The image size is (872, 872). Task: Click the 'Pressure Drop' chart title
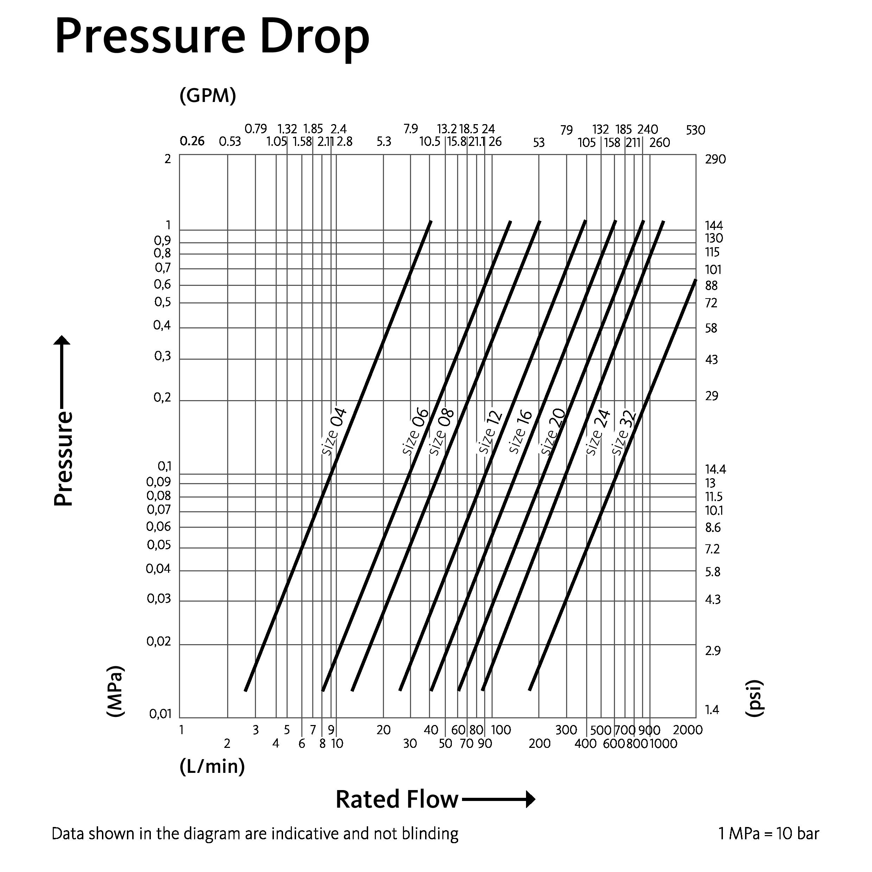coord(212,37)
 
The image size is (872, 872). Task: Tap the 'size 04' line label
coord(334,431)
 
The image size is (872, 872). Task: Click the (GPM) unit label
coord(207,96)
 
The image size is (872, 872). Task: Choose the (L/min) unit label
coord(212,767)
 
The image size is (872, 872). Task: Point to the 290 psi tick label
coord(716,159)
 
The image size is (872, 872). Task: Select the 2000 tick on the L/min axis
coord(688,730)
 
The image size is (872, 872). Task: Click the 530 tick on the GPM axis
coord(695,130)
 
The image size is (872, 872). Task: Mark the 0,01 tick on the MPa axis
coord(160,714)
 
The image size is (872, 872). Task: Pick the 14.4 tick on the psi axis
coord(716,469)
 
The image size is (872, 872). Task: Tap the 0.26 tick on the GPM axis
coord(192,141)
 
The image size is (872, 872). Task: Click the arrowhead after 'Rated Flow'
coord(531,799)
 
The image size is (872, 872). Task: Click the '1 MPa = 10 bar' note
coord(769,834)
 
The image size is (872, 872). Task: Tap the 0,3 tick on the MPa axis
coord(162,356)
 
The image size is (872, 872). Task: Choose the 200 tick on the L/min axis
coord(539,743)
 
